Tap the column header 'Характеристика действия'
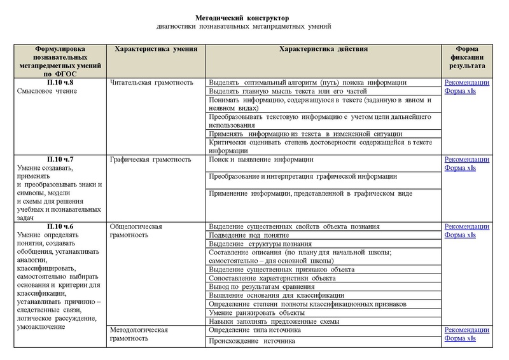coord(324,49)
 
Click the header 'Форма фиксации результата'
coord(468,57)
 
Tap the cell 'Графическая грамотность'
coord(150,160)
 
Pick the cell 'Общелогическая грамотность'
coord(137,231)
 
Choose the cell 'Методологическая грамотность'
coord(139,335)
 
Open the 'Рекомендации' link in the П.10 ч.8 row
coord(468,83)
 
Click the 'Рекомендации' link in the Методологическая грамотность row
coord(468,331)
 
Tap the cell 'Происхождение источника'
coord(252,341)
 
